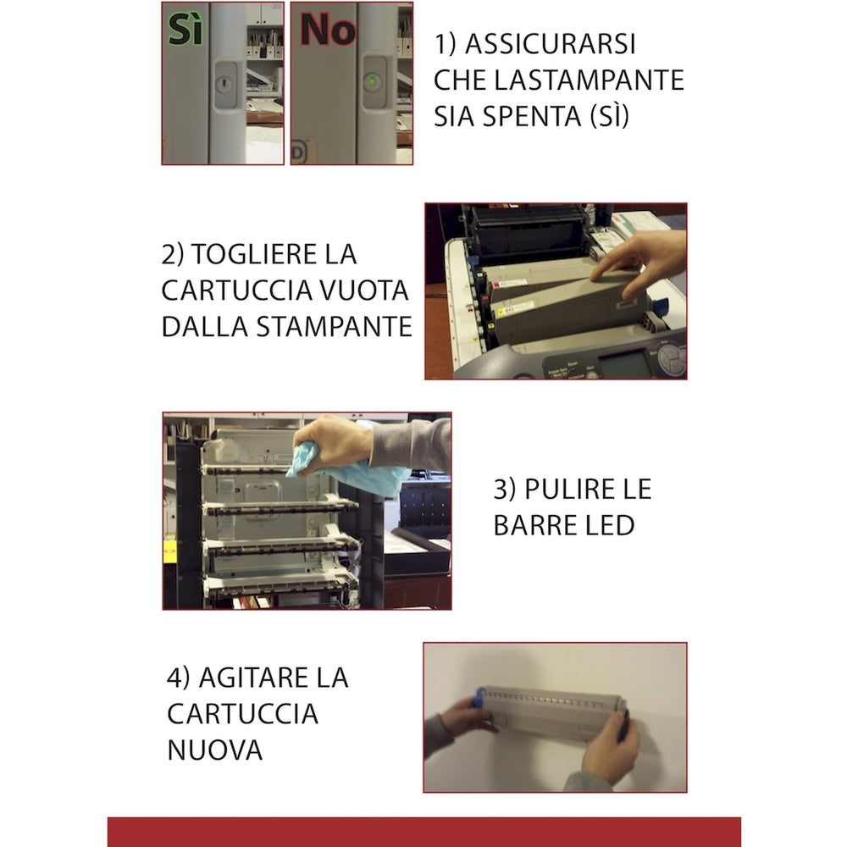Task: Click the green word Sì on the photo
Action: pos(186,30)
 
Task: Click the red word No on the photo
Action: pos(328,30)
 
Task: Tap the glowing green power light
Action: pos(372,81)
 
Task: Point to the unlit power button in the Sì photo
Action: pos(224,84)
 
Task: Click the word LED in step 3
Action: pos(606,525)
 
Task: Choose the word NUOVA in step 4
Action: pos(214,750)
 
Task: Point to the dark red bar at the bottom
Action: pos(423,832)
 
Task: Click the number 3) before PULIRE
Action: pos(505,489)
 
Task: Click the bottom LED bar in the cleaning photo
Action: pos(280,583)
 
